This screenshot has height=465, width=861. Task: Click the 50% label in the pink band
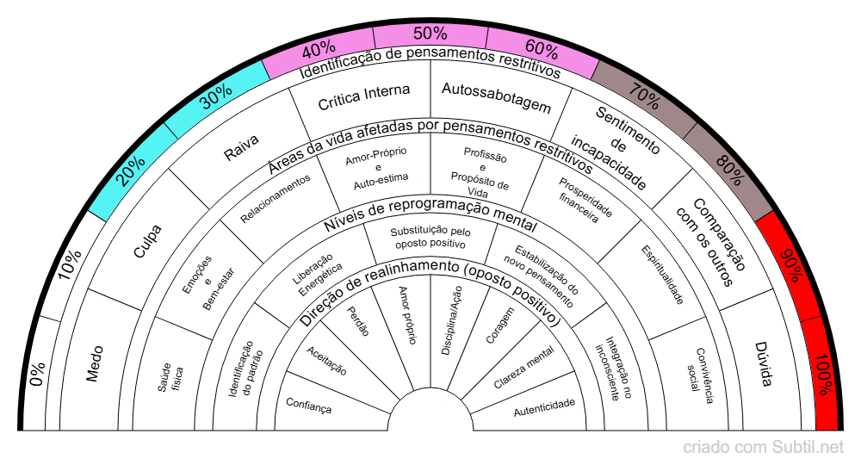430,34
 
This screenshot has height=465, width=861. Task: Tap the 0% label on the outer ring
38,374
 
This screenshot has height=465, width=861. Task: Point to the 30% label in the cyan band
216,96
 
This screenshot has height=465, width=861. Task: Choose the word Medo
95,363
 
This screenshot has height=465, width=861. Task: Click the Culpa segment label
148,241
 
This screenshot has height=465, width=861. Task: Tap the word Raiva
242,147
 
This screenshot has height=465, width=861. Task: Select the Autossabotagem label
496,97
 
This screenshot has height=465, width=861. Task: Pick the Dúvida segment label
764,364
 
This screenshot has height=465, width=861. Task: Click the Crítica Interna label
364,96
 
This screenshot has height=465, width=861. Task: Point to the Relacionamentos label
276,198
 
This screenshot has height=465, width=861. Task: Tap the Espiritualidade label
663,275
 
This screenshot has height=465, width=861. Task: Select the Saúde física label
170,377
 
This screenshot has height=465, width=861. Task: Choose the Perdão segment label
358,320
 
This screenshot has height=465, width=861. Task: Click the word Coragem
500,325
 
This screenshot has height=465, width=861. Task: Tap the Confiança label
308,406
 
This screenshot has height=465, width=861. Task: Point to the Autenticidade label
544,407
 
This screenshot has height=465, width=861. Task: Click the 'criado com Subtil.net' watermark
763,447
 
